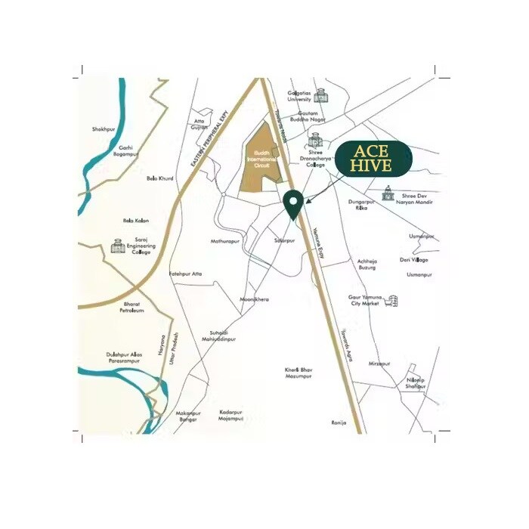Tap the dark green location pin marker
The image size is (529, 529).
[293, 203]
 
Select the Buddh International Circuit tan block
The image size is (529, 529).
[261, 166]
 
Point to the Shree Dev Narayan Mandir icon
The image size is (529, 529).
[388, 194]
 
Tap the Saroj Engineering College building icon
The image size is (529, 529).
[117, 246]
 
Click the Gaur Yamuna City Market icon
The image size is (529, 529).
[391, 301]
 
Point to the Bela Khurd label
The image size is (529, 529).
[159, 178]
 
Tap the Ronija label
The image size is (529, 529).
[339, 422]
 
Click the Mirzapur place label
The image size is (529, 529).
[379, 363]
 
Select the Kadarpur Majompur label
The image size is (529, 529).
[231, 415]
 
